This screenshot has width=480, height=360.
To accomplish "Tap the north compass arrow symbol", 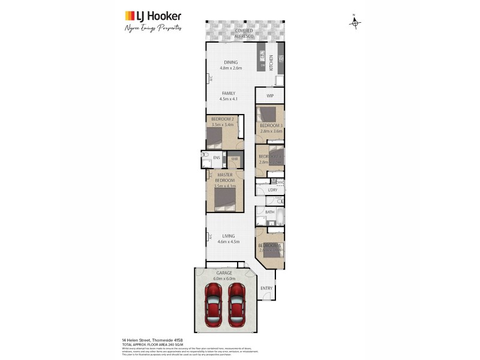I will [355, 23].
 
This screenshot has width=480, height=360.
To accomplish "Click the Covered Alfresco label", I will [244, 33].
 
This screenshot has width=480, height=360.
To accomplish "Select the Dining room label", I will [231, 62].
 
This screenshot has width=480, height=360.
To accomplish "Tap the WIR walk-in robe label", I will [235, 159].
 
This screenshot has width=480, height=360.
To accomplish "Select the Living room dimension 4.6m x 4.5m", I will [229, 242].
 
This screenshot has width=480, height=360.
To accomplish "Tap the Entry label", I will [266, 287].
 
